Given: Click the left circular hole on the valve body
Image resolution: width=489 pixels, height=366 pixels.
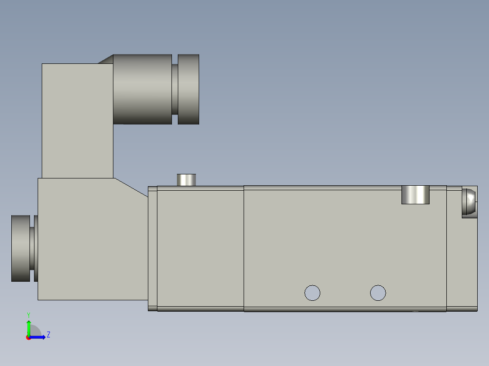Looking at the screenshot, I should pos(312,293).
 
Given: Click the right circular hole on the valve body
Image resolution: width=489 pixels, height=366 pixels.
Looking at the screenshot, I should pos(378,293).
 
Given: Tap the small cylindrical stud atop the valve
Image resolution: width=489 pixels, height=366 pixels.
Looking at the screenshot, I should pos(186,179).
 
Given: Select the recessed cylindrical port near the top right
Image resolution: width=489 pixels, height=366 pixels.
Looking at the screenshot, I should pos(415,195).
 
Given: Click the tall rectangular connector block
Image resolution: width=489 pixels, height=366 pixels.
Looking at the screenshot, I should pos(77,120).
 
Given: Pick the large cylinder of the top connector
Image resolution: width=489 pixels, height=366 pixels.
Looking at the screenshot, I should pos(142,89).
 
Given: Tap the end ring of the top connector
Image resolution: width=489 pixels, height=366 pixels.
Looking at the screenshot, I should pos(188,89).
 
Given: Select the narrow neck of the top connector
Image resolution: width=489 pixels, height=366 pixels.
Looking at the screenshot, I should pos(175,89).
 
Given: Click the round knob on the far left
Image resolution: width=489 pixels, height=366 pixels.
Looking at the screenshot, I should pos(21,248).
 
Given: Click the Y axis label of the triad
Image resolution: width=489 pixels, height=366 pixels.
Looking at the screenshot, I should pos(28,314).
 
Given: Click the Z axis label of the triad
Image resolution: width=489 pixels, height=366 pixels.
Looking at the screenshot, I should pos(48,335).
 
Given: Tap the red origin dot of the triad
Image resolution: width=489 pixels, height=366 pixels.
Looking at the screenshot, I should pos(28,337).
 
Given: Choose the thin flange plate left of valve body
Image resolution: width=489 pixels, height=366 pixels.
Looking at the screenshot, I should pos(152,248).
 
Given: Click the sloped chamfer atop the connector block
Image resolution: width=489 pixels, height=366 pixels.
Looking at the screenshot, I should pos(106,59).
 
